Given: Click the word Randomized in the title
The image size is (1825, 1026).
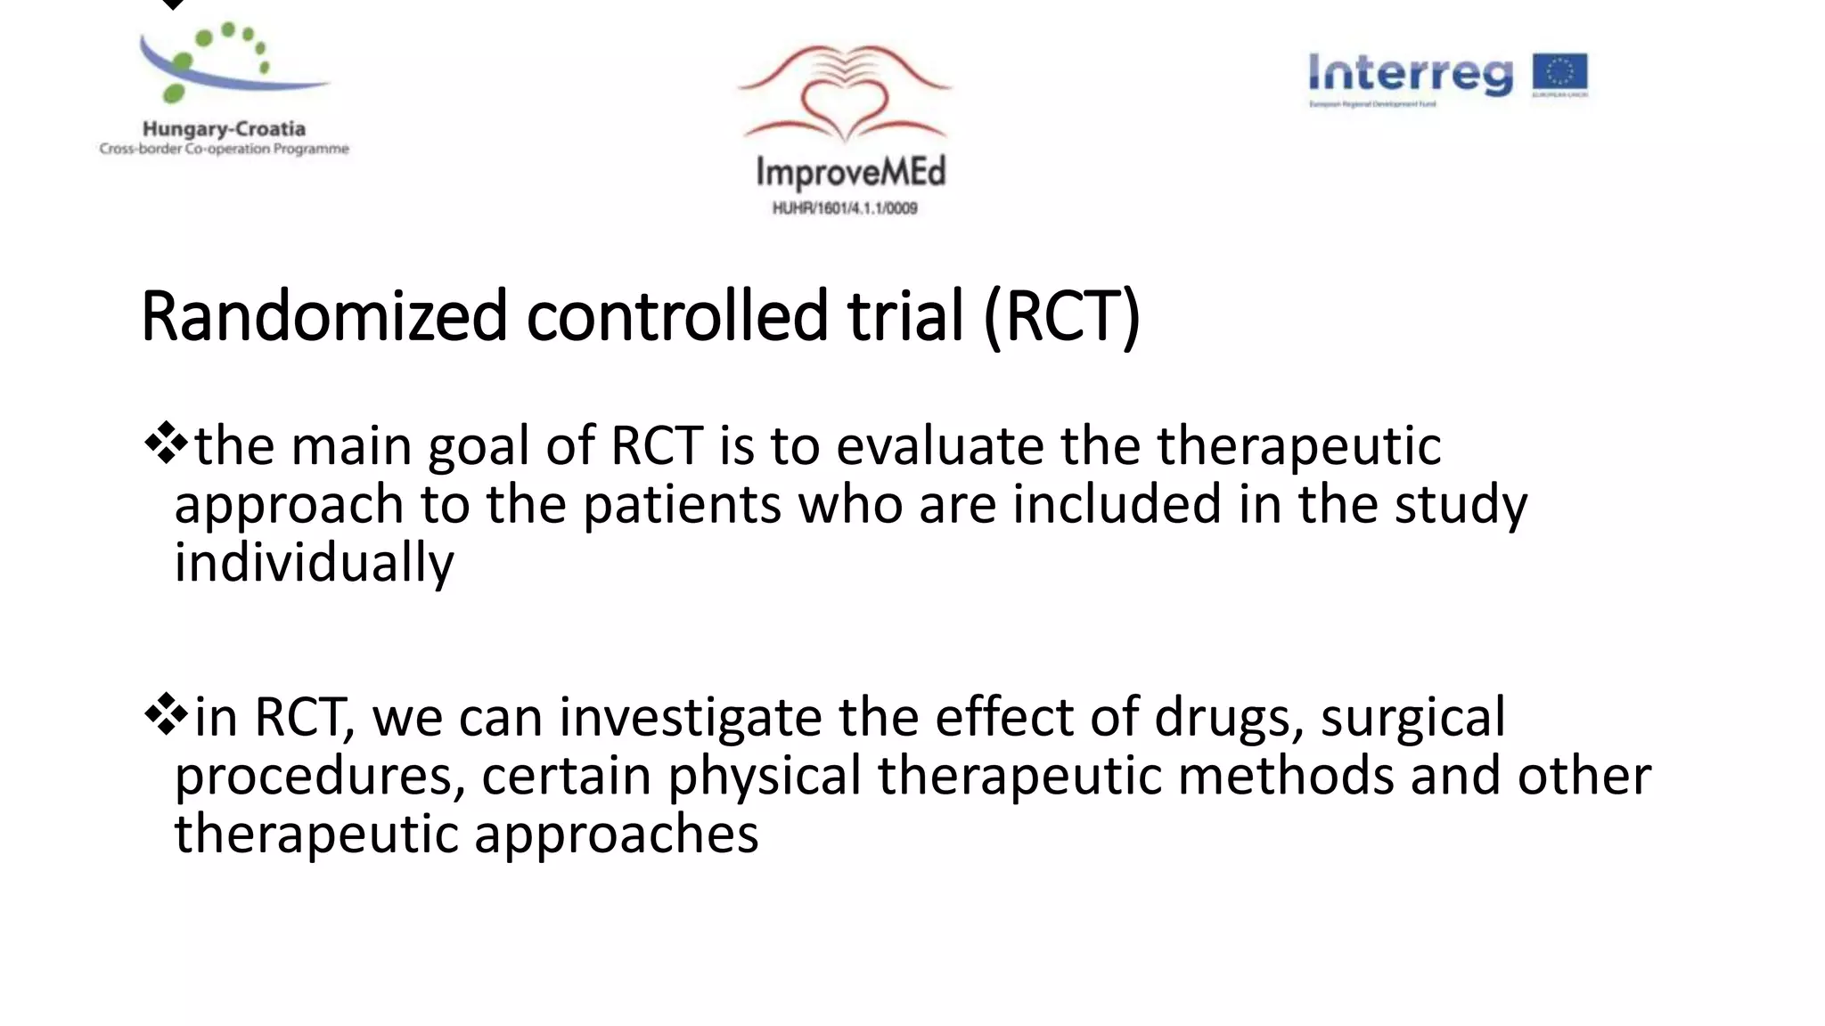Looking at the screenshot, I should (323, 316).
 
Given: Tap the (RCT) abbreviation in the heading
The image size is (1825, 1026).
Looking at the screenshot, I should (1061, 316).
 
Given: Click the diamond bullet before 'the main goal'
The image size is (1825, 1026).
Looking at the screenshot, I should (167, 443).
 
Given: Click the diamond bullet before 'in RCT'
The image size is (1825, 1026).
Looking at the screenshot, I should (167, 714).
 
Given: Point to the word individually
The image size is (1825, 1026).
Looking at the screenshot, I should (314, 564).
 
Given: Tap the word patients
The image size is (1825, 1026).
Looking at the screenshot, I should (681, 505).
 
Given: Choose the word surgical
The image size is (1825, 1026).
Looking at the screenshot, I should (1412, 717).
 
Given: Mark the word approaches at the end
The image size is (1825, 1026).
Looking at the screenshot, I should (616, 835).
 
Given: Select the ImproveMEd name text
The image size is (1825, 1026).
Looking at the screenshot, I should (849, 172).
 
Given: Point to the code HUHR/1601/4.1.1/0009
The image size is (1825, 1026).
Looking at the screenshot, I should (844, 208).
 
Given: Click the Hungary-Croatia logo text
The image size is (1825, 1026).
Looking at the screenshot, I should (224, 129).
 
